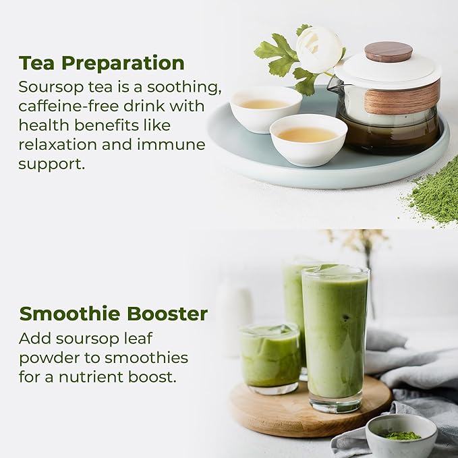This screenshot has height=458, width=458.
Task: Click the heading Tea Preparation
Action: tap(101, 63)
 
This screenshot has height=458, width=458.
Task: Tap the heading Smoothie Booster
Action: tap(113, 314)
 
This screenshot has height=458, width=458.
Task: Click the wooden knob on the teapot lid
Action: tap(388, 51)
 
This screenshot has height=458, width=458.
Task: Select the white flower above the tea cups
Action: tap(318, 49)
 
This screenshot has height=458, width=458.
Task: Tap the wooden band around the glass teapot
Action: tap(402, 98)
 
